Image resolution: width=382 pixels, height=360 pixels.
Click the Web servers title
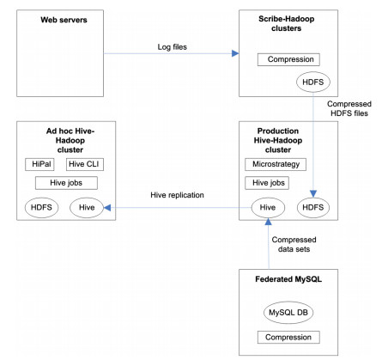pos(64,20)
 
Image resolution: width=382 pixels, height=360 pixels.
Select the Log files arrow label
pos(173,47)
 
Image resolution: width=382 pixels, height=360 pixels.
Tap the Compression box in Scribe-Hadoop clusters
pos(288,59)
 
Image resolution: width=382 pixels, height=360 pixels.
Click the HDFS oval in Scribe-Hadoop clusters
pos(313,82)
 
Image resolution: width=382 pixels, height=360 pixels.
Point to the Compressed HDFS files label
pos(349,108)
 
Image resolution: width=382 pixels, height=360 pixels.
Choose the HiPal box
pos(39,164)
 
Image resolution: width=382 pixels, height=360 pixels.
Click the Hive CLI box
pos(85,164)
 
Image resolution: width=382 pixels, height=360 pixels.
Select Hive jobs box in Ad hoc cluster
pos(66,183)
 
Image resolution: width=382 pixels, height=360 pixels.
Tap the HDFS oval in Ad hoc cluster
pos(41,207)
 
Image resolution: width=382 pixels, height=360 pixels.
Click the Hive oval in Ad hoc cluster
pos(87,207)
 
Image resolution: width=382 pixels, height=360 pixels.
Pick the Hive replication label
pos(177,195)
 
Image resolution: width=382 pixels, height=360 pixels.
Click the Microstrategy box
pos(276,164)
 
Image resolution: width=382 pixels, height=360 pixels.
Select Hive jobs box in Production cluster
pos(267,183)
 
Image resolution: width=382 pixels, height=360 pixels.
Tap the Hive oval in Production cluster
pos(268,207)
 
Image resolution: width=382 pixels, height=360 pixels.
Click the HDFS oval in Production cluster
pos(313,207)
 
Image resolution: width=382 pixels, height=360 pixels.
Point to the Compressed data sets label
pos(294,244)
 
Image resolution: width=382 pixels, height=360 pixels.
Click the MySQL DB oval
pos(288,313)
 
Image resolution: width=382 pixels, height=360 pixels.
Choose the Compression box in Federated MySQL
pos(288,338)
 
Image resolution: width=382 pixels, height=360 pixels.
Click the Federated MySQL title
pos(288,279)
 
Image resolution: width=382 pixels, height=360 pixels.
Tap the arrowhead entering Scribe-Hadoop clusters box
pos(235,53)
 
